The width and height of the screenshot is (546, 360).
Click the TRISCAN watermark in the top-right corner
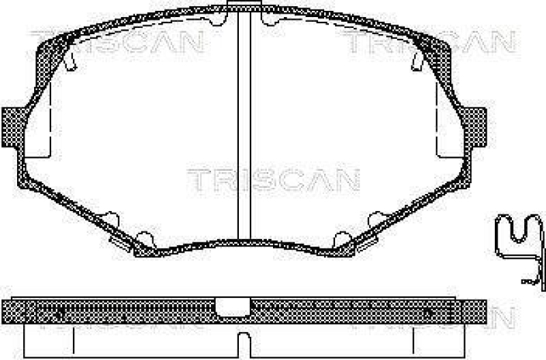point(427,42)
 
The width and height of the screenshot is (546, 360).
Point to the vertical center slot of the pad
point(244,130)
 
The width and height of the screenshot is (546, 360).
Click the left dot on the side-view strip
point(59,310)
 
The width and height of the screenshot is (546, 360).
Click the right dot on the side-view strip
point(428,310)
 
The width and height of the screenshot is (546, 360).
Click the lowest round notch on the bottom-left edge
point(143,238)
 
